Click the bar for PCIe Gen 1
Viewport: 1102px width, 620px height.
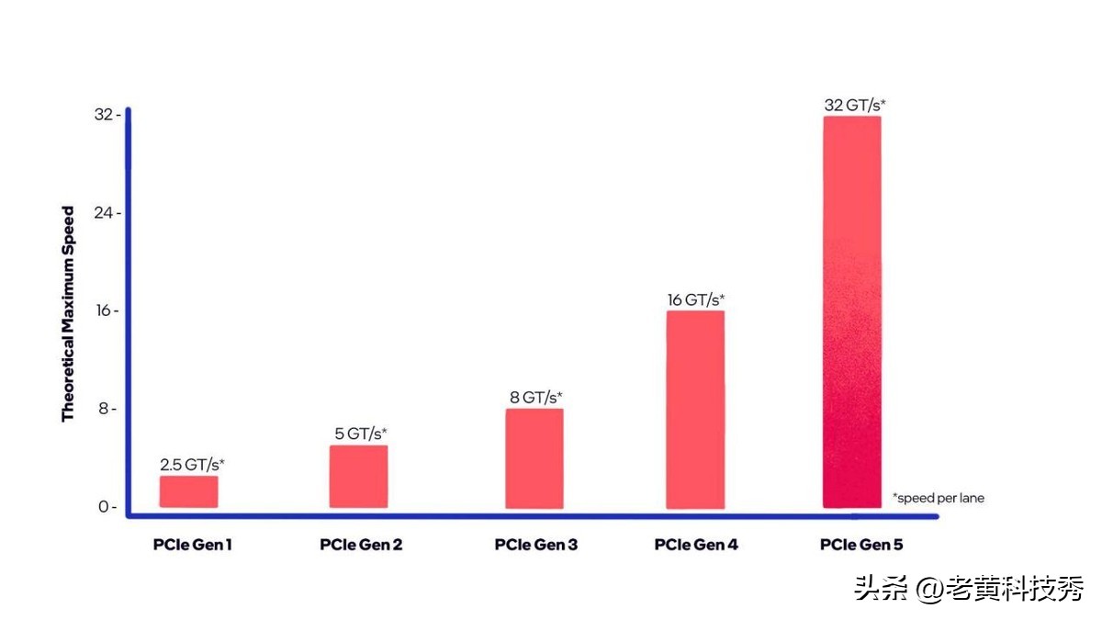tap(188, 491)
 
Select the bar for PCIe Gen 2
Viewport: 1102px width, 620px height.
tap(358, 477)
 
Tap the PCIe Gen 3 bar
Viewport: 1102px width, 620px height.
tap(534, 458)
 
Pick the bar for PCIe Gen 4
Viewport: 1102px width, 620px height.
tap(695, 410)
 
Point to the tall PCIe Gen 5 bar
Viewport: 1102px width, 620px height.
tap(851, 312)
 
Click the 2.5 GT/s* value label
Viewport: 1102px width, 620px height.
tap(192, 465)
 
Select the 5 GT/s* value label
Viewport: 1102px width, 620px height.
tap(360, 434)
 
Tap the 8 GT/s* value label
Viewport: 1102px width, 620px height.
tap(536, 397)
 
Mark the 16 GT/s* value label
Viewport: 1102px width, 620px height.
tap(696, 299)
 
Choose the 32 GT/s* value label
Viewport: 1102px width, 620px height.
tap(854, 106)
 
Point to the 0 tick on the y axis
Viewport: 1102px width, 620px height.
tap(107, 507)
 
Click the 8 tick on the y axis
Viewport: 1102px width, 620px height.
tap(107, 409)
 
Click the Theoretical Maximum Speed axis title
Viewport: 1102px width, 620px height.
tap(68, 314)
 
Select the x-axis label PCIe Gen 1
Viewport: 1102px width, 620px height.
tap(192, 545)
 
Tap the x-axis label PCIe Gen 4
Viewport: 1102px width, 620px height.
tap(696, 545)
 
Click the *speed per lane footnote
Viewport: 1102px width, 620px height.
tap(938, 498)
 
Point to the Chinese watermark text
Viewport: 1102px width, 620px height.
tap(969, 588)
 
